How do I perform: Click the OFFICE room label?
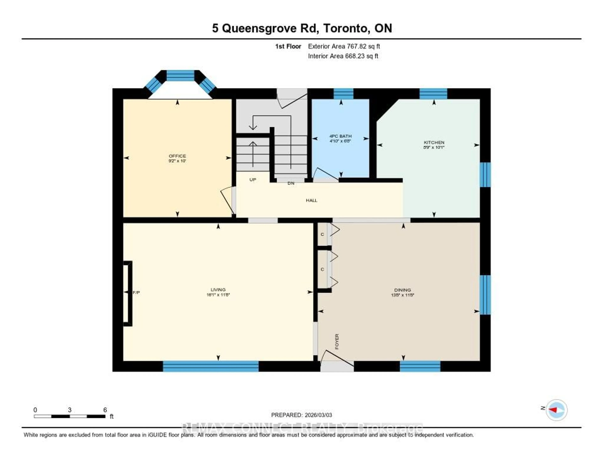click(x=177, y=156)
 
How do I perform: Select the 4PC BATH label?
click(x=340, y=136)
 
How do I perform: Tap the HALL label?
click(x=311, y=200)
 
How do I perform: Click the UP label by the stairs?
click(x=253, y=180)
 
